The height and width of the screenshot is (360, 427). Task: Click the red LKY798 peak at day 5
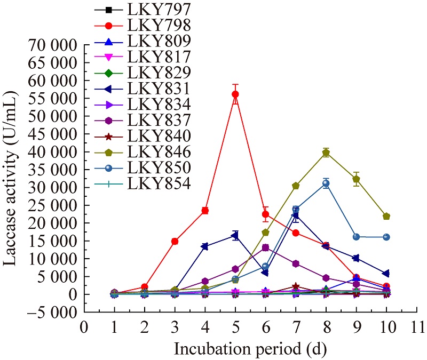point(235,94)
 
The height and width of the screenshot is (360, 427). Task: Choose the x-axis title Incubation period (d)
point(250,349)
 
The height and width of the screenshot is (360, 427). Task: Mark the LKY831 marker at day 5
point(235,235)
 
